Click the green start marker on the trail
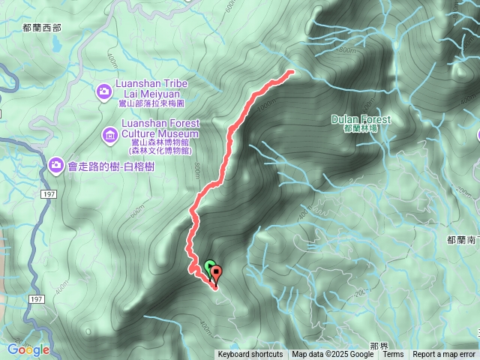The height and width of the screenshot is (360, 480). pos(208,265)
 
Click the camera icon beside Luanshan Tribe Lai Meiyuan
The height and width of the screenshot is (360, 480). pos(104,91)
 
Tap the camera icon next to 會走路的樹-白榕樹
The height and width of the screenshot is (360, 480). pos(55,164)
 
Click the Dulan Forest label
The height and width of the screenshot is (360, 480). pos(361,120)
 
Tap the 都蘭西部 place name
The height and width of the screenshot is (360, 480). pos(41,27)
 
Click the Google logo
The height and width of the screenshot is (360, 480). pos(28,349)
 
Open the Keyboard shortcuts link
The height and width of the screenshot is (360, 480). pos(250,355)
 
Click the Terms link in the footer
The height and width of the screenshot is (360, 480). pos(393,355)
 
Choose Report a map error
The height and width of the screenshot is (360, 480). pos(444,355)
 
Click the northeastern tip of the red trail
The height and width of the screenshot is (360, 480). pos(290,72)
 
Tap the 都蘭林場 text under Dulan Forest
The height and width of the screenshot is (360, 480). pos(361,129)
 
